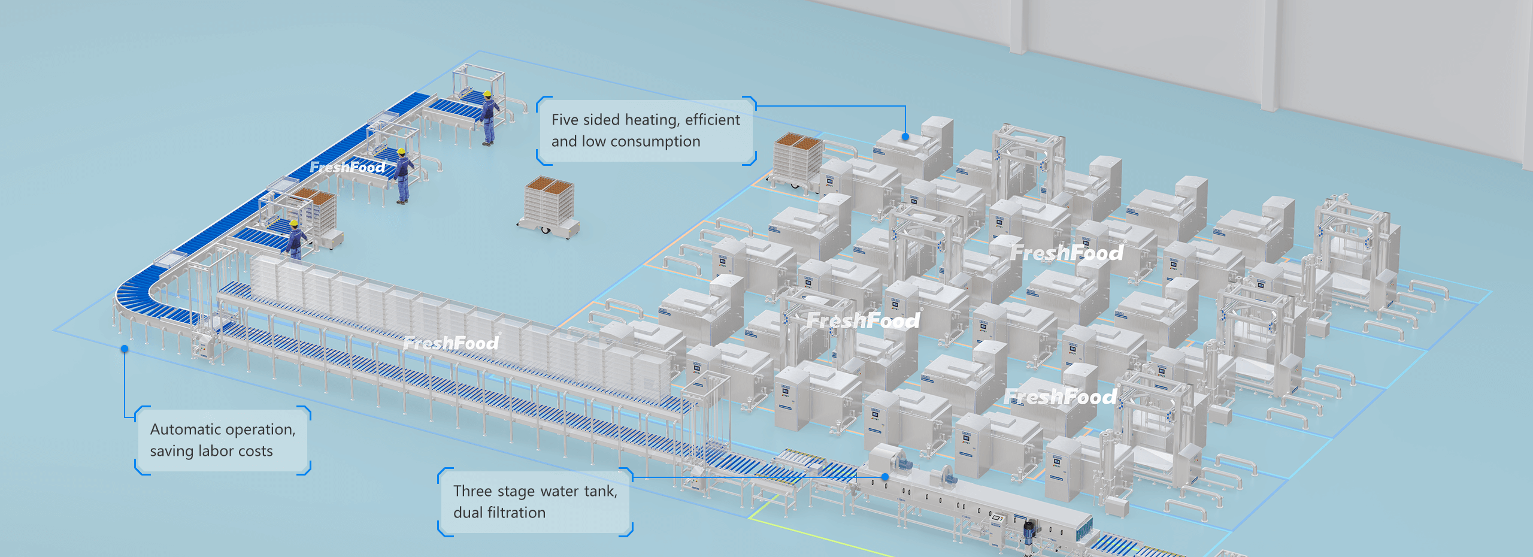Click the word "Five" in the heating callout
(x=565, y=120)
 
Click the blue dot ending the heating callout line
(x=905, y=137)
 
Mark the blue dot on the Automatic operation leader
(x=125, y=349)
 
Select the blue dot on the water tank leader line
(x=884, y=477)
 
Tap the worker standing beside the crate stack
(x=295, y=240)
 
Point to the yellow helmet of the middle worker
(x=402, y=152)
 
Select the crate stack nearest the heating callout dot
(x=797, y=162)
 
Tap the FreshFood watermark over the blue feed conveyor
(x=347, y=167)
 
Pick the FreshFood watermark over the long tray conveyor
(x=450, y=343)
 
